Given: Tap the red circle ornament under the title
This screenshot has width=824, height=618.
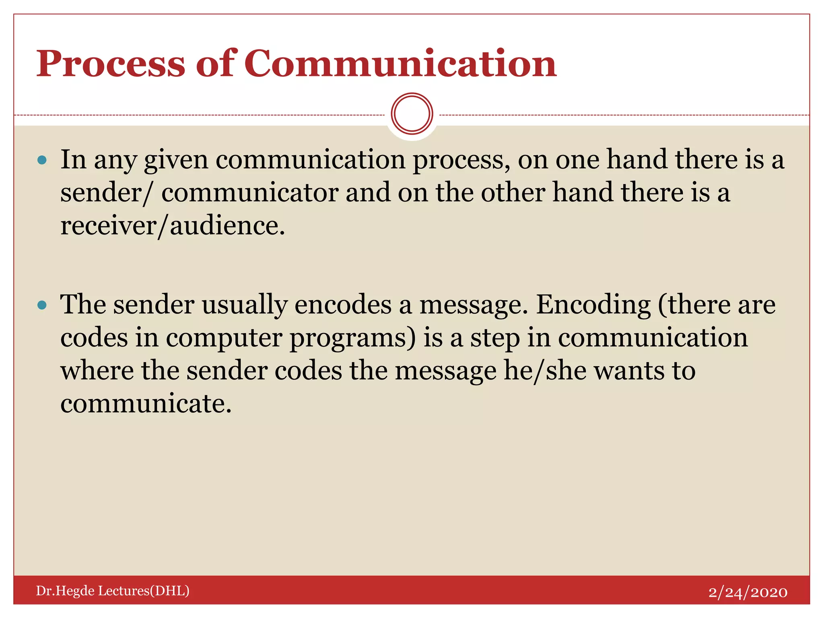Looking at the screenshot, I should (x=412, y=114).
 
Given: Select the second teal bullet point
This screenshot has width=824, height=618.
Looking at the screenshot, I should (x=42, y=305).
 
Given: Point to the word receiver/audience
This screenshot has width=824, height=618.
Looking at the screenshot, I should (x=173, y=226).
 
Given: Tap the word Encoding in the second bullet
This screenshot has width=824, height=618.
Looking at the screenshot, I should (x=593, y=305).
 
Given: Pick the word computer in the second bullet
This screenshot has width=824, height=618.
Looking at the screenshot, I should (x=224, y=338).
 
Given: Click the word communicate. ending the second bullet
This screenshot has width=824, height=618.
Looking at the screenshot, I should (x=146, y=404).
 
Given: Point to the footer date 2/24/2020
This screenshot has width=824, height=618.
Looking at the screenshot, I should (x=748, y=592).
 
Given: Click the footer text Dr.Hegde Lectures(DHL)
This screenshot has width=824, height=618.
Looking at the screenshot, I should (x=113, y=591).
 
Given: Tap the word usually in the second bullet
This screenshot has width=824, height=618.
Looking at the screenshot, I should (x=245, y=305).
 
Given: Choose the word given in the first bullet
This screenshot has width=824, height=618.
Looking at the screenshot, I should (x=176, y=160).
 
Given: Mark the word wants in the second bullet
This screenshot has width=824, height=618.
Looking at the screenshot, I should (x=629, y=371).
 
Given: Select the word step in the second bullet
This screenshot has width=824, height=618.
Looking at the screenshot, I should (x=495, y=338).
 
